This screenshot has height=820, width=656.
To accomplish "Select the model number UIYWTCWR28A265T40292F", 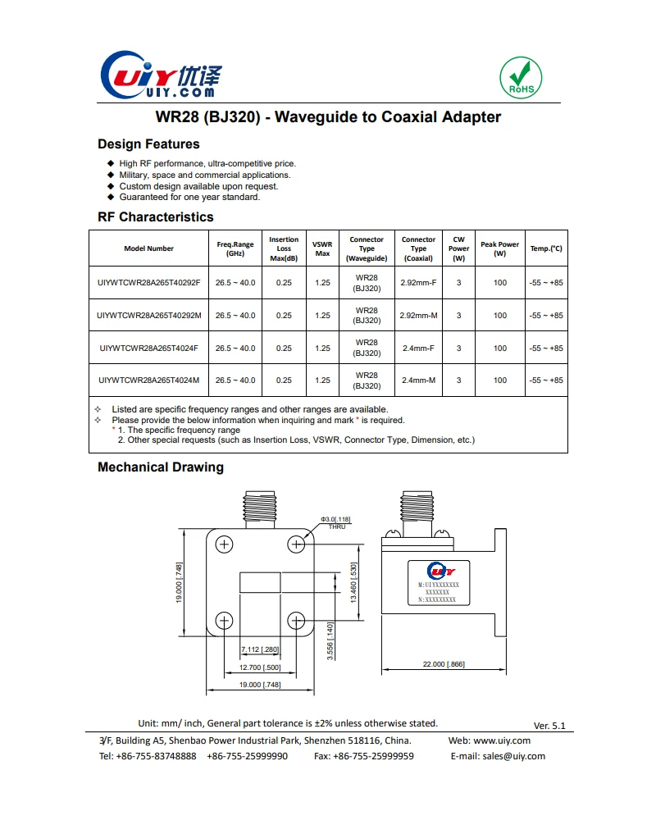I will point(148,283).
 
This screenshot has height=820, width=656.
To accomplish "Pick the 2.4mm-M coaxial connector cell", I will point(418,380).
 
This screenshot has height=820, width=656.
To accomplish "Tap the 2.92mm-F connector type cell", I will point(418,283).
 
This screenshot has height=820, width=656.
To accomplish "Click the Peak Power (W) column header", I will point(499,248).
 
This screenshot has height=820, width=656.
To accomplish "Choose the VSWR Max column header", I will point(322,248).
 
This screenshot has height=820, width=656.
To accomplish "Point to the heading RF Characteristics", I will point(155,217).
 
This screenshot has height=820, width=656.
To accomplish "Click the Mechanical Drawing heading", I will point(160,467).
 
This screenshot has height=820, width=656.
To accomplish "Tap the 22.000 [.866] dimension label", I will point(444,664).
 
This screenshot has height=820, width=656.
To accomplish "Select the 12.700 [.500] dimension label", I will point(260,667).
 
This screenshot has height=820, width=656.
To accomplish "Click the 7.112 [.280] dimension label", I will point(260,650).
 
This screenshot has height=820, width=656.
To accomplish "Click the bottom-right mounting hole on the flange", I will point(296,619).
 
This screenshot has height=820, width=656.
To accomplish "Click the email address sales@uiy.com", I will point(513,756).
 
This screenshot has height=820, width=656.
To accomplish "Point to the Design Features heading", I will point(148,144).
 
